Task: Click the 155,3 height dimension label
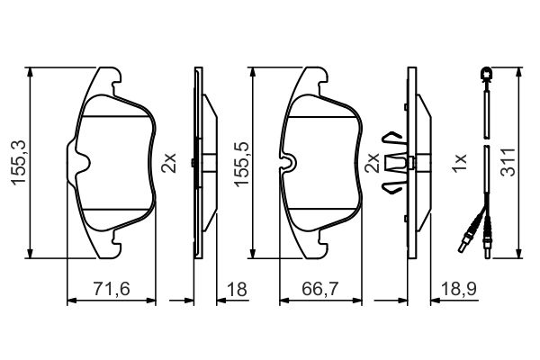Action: click(x=19, y=163)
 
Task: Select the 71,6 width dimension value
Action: click(x=112, y=289)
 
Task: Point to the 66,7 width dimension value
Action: click(x=320, y=289)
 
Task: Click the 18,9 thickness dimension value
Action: click(x=459, y=289)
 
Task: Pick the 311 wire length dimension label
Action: click(x=508, y=162)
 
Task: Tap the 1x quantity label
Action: click(x=459, y=163)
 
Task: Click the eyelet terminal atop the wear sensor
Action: click(x=486, y=74)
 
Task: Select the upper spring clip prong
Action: click(x=392, y=137)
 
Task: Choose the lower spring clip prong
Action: click(x=391, y=188)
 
